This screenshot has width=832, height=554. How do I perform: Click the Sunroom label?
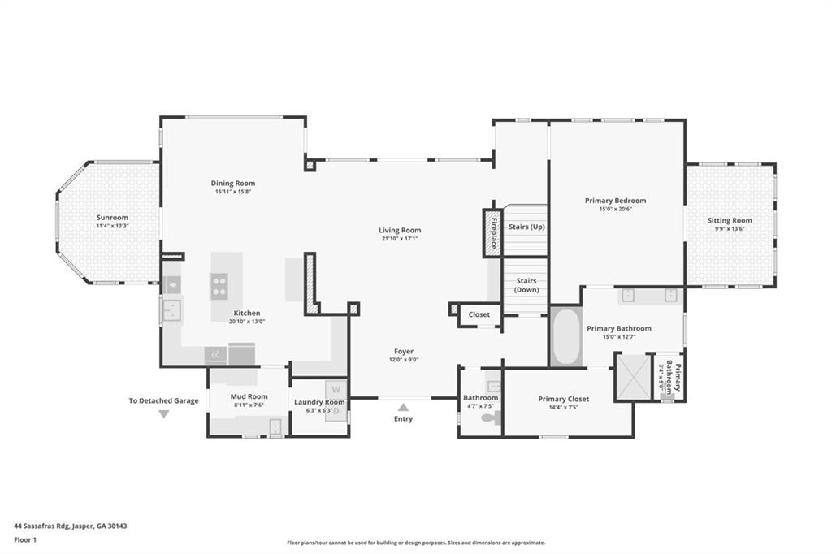pyautogui.click(x=113, y=218)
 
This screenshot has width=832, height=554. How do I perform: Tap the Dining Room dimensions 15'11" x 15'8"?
pyautogui.click(x=233, y=193)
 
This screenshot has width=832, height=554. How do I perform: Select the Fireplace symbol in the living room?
pyautogui.click(x=492, y=234)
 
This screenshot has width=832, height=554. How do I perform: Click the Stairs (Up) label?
pyautogui.click(x=526, y=227)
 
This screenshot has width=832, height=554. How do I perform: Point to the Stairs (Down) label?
pyautogui.click(x=526, y=285)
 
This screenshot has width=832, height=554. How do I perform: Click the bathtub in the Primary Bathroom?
pyautogui.click(x=566, y=336)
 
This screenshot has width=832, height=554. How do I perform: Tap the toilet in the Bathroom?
pyautogui.click(x=490, y=419)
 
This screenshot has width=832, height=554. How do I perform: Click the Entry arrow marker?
pyautogui.click(x=403, y=407)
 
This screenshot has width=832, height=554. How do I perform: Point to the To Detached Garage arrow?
pyautogui.click(x=163, y=414)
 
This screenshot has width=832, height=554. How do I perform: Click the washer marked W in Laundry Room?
pyautogui.click(x=336, y=389)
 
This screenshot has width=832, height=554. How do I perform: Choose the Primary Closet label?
pyautogui.click(x=563, y=399)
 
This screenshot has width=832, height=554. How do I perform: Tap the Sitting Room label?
pyautogui.click(x=730, y=220)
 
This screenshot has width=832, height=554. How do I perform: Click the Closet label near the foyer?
pyautogui.click(x=479, y=314)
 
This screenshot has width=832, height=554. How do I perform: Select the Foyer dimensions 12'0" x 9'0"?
pyautogui.click(x=403, y=360)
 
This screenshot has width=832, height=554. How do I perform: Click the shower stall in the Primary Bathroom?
pyautogui.click(x=632, y=376)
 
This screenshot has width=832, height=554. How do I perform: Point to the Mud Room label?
pyautogui.click(x=249, y=396)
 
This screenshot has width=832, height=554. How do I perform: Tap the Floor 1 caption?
pyautogui.click(x=27, y=539)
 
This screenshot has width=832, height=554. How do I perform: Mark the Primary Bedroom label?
pyautogui.click(x=615, y=201)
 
